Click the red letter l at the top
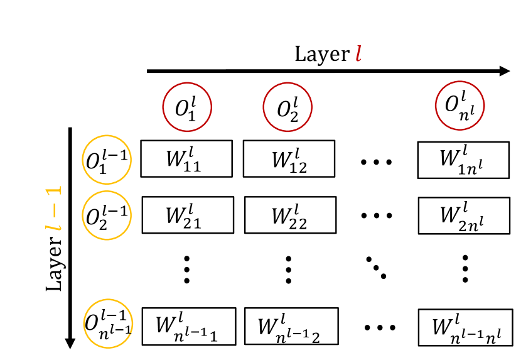[358, 53]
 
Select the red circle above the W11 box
[187, 107]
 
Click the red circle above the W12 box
[287, 107]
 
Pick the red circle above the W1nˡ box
[459, 106]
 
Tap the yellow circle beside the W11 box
[107, 160]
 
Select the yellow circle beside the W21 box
[107, 215]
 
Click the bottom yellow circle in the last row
[108, 324]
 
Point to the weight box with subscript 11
[186, 158]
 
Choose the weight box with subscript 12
[289, 158]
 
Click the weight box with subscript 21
[188, 215]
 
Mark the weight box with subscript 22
[290, 215]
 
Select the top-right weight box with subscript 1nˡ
[463, 160]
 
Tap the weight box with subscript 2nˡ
[464, 215]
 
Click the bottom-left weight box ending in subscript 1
[189, 326]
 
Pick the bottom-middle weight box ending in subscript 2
[291, 326]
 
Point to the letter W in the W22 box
[281, 216]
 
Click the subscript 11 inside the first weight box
[192, 166]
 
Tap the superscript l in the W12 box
[297, 151]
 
